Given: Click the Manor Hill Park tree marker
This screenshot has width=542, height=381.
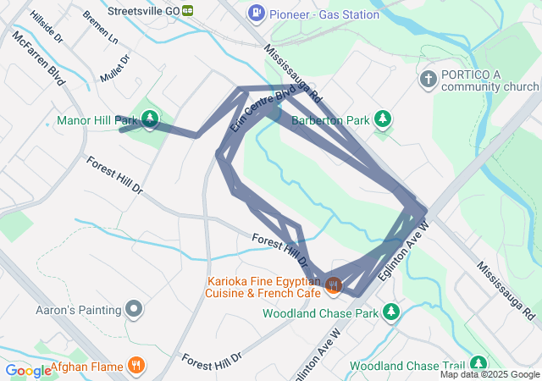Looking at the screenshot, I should pyautogui.click(x=150, y=119).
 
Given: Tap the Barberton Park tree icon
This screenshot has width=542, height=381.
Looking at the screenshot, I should pyautogui.click(x=383, y=119).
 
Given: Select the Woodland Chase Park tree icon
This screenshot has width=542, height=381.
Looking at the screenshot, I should pyautogui.click(x=390, y=313).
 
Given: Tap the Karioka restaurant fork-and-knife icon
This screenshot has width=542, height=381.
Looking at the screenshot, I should pyautogui.click(x=333, y=286).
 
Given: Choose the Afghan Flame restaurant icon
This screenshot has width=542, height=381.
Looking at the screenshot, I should pyautogui.click(x=135, y=367).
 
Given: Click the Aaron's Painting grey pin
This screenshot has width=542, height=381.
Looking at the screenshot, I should pyautogui.click(x=134, y=310).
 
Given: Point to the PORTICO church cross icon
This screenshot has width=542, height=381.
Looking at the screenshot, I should pyautogui.click(x=429, y=79).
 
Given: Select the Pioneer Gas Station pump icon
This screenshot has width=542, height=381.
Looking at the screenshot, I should pyautogui.click(x=256, y=14).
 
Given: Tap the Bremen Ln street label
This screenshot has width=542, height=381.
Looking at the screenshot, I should pyautogui.click(x=102, y=27).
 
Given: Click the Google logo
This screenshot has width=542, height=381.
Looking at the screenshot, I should pyautogui.click(x=27, y=370).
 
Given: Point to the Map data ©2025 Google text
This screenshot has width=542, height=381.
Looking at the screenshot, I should pyautogui.click(x=489, y=374).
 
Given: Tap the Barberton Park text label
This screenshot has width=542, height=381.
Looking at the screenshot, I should pyautogui.click(x=330, y=120).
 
